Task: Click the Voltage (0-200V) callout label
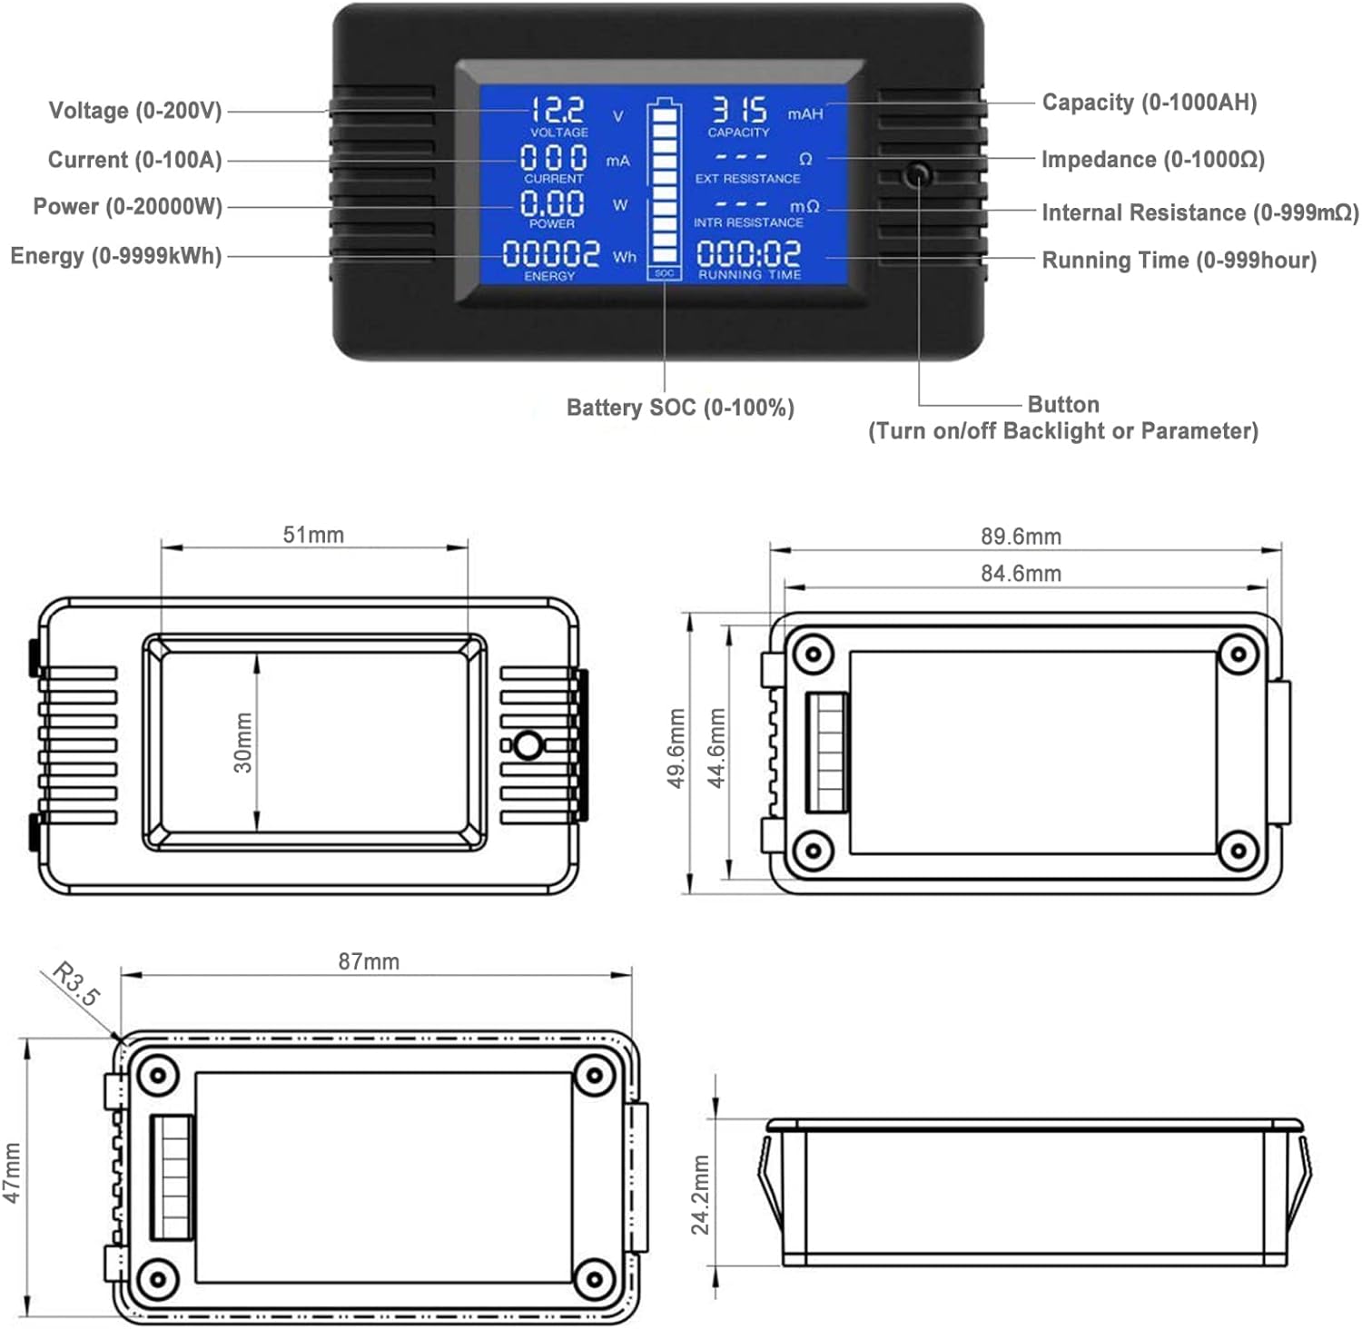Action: pyautogui.click(x=134, y=111)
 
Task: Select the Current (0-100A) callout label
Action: pyautogui.click(x=134, y=160)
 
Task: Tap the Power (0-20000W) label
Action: pyautogui.click(x=127, y=207)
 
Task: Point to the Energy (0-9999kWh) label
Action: pyautogui.click(x=115, y=256)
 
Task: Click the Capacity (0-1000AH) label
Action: pyautogui.click(x=1149, y=103)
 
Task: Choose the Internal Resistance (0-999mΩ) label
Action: pyautogui.click(x=1199, y=212)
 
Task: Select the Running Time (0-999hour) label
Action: pyautogui.click(x=1179, y=261)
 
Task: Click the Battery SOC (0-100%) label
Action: pyautogui.click(x=680, y=408)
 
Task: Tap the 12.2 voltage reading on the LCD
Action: pyautogui.click(x=557, y=111)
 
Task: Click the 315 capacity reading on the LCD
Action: pyautogui.click(x=739, y=111)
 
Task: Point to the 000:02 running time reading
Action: pyautogui.click(x=748, y=253)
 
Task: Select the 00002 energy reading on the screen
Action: pyautogui.click(x=551, y=254)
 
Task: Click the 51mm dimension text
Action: pyautogui.click(x=313, y=535)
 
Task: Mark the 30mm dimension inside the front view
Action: pyautogui.click(x=243, y=742)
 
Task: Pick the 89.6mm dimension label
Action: pyautogui.click(x=1021, y=537)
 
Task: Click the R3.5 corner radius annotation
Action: pyautogui.click(x=76, y=983)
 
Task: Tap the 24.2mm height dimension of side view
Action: pyautogui.click(x=700, y=1195)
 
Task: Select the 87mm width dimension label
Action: pyautogui.click(x=369, y=961)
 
